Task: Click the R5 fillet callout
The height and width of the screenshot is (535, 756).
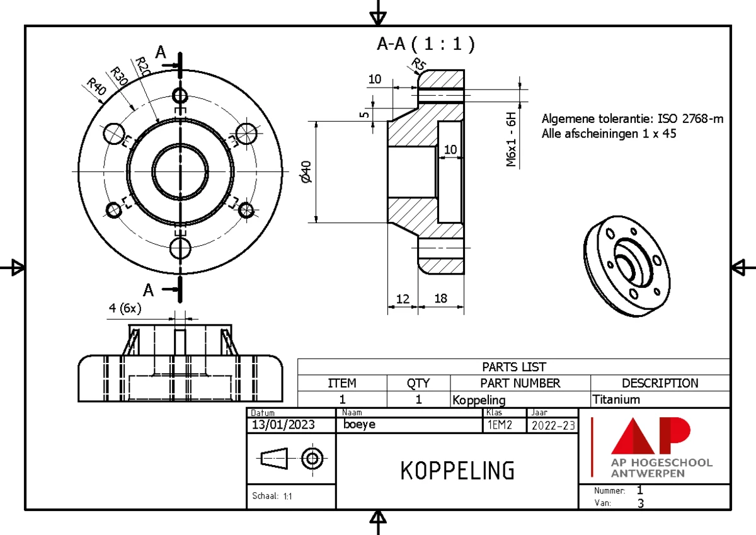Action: click(418, 64)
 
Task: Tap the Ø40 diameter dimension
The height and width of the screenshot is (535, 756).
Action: click(307, 171)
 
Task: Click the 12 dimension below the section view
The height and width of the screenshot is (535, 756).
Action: click(402, 299)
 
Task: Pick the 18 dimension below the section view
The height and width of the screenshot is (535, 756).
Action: click(440, 299)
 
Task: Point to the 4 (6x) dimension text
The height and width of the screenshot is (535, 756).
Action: click(125, 308)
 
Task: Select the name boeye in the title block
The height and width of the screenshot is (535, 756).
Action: click(360, 425)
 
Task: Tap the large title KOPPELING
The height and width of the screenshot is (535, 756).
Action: click(457, 470)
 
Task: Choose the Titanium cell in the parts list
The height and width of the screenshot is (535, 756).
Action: click(616, 400)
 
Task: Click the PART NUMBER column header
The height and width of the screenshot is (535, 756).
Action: click(520, 383)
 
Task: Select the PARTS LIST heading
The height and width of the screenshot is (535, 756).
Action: click(513, 367)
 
